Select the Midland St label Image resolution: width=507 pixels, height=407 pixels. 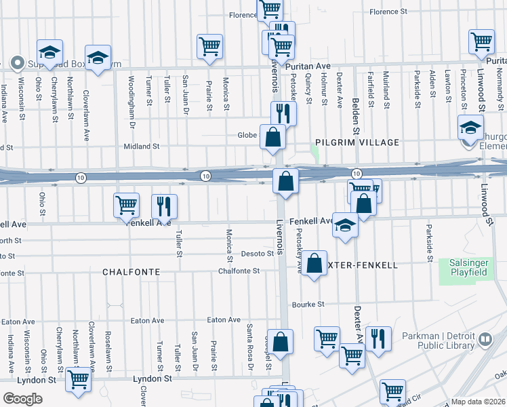pyautogui.click(x=141, y=146)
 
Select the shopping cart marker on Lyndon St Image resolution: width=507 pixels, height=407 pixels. pyautogui.click(x=79, y=381)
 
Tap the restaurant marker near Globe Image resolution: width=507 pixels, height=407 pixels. pyautogui.click(x=283, y=113)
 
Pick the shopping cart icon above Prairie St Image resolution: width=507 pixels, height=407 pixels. pyautogui.click(x=209, y=46)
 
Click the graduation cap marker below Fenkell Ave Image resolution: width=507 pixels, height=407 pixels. pyautogui.click(x=345, y=225)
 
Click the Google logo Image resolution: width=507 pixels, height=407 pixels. pyautogui.click(x=22, y=398)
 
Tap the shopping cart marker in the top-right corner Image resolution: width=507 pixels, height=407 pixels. pyautogui.click(x=482, y=41)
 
